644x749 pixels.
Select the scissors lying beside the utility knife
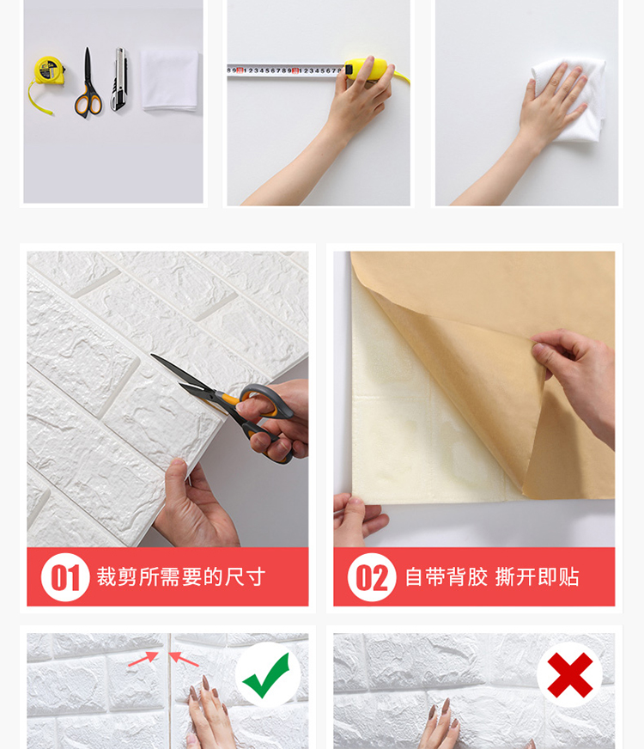[88, 86]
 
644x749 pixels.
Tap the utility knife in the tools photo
[118, 79]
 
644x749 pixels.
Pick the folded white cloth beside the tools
[169, 80]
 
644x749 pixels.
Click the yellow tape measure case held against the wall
[368, 68]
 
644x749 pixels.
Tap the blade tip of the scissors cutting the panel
[152, 355]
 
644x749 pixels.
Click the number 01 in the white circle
[65, 577]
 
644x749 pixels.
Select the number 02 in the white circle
[372, 577]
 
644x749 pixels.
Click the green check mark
[267, 675]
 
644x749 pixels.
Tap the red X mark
[569, 674]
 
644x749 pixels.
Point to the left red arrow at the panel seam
[143, 659]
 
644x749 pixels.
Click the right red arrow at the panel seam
[185, 659]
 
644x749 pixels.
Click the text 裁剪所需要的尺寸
[181, 577]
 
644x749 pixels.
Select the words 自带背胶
[447, 577]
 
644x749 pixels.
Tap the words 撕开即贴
[537, 577]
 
